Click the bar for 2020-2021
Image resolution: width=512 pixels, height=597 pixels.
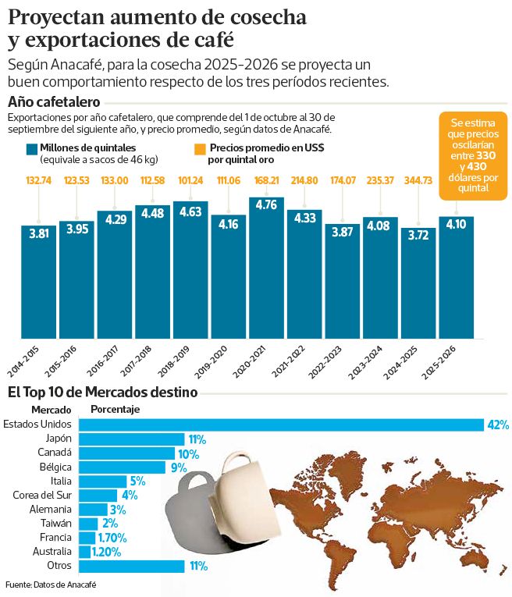click(x=267, y=269)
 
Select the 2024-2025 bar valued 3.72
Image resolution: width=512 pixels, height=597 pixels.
click(x=419, y=285)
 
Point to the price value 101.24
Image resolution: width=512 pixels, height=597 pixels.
click(x=191, y=181)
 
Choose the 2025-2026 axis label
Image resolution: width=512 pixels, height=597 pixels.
click(x=454, y=362)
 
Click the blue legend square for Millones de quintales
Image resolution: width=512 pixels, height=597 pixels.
click(x=32, y=149)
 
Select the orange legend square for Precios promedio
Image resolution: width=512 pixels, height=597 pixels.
click(x=201, y=149)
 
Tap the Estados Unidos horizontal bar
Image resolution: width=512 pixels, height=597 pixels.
click(x=281, y=425)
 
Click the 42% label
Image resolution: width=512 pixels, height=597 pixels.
click(x=497, y=425)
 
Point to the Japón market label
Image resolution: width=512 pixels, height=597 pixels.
click(x=59, y=439)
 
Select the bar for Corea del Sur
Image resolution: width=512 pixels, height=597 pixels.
click(x=98, y=495)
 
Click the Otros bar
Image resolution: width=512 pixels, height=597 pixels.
click(x=132, y=566)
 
